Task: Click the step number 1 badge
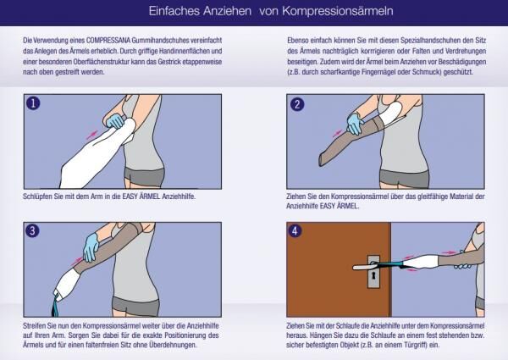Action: (x=33, y=104)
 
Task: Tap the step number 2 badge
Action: (x=297, y=104)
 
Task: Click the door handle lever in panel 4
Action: (x=379, y=256)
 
